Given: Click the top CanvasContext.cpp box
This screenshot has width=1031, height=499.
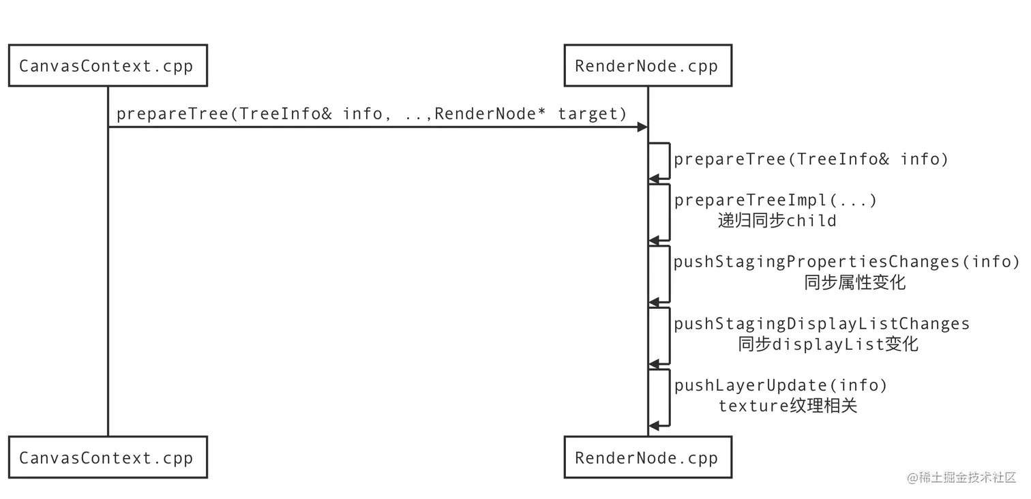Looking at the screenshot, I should point(107,66).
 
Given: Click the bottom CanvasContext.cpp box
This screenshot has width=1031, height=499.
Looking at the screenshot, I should point(107,457).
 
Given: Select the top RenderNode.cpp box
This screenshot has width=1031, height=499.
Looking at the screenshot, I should point(647,66).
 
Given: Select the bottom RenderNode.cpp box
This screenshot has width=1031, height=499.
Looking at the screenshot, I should point(647,457).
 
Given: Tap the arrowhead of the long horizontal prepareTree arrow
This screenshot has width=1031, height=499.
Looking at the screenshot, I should point(642,127).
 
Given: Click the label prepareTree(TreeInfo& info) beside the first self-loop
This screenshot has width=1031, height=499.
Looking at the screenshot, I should point(811,160).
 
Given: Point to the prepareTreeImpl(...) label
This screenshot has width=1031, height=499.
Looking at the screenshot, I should point(775,200).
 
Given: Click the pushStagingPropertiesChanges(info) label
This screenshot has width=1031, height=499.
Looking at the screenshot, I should point(847,262).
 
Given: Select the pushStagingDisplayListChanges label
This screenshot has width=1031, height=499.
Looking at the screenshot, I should point(822,324).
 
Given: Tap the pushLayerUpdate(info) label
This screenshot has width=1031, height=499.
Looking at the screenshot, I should point(781,386).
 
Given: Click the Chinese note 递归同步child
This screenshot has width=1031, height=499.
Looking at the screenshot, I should point(777,221).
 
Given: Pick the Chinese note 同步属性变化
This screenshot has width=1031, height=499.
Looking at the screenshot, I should point(854,282).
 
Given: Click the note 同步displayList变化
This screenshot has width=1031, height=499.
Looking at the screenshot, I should point(828,344).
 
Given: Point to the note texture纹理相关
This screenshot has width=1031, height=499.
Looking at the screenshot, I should point(788,406).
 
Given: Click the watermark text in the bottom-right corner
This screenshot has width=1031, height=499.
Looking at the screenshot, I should point(961,477).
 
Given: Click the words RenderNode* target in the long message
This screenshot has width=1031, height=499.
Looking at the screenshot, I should point(530,114).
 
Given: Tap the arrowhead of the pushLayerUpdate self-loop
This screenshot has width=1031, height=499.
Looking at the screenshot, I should point(653,426).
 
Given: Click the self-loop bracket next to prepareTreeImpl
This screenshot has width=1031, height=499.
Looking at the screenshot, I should point(670,212).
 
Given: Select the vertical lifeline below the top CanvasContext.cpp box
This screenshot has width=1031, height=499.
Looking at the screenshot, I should point(108,273).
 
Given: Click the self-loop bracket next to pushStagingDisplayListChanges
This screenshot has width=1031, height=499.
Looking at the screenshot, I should point(670,335).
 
